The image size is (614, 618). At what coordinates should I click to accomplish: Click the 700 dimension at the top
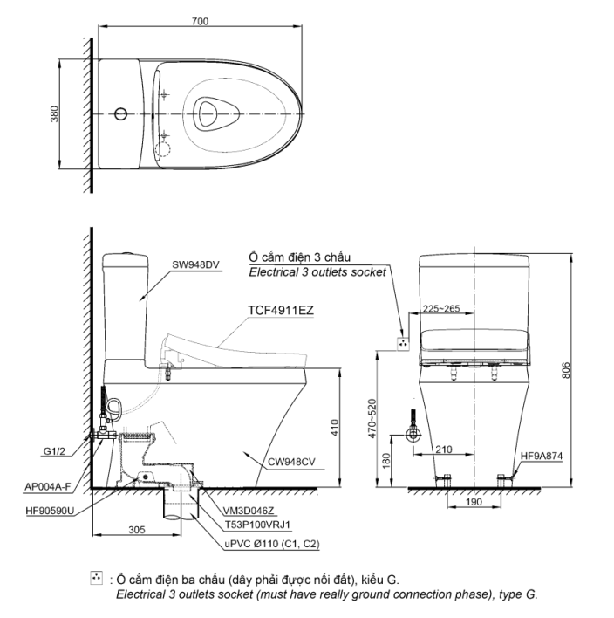[x=200, y=21]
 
